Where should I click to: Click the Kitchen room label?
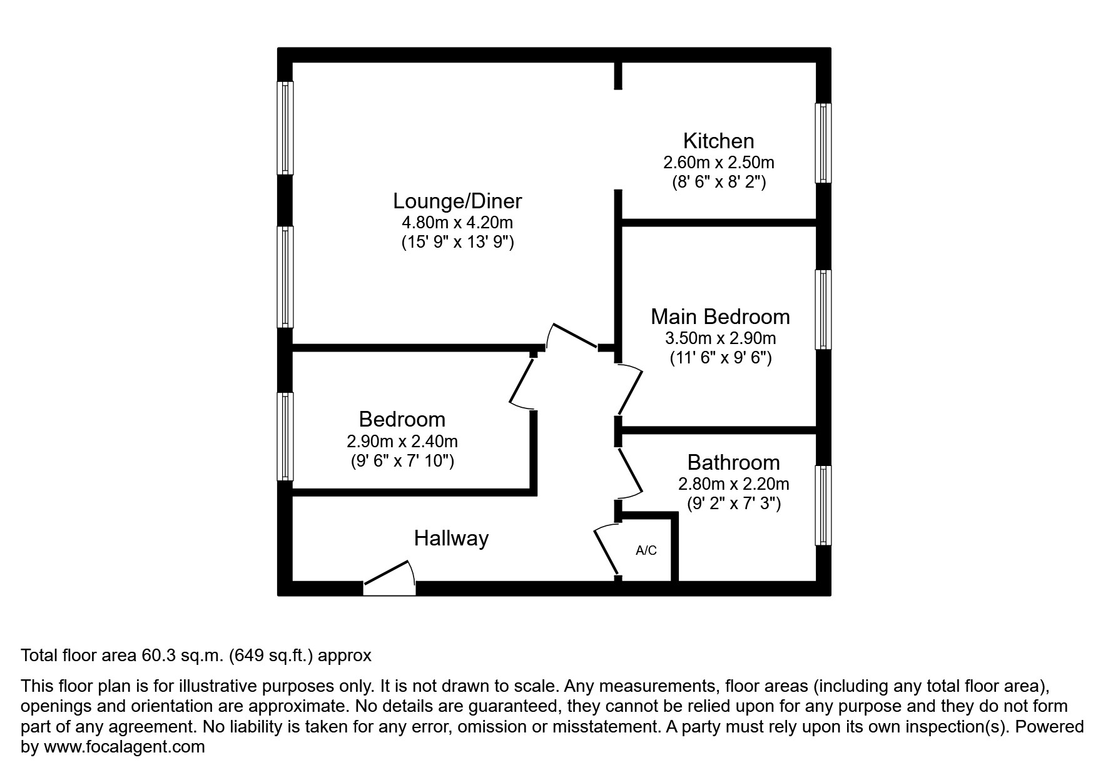pos(718,141)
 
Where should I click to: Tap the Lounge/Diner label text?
pos(457,201)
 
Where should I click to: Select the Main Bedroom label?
pos(720,317)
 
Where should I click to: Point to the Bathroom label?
pos(733,462)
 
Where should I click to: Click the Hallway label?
pos(451,538)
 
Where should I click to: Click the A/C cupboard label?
pos(646,550)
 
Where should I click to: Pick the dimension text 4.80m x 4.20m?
pos(457,222)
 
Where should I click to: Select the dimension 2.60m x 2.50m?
pos(718,163)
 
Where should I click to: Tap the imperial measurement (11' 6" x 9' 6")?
pos(720,358)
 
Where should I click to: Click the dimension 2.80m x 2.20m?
pos(733,484)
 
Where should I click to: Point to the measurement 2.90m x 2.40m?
pos(402,441)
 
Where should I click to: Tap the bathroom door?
pos(630,472)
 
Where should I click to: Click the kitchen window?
pos(823,143)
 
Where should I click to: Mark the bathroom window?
pos(823,505)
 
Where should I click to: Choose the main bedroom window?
pos(823,310)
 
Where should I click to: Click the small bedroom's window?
pos(285,436)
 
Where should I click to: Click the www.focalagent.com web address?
pos(124,747)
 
